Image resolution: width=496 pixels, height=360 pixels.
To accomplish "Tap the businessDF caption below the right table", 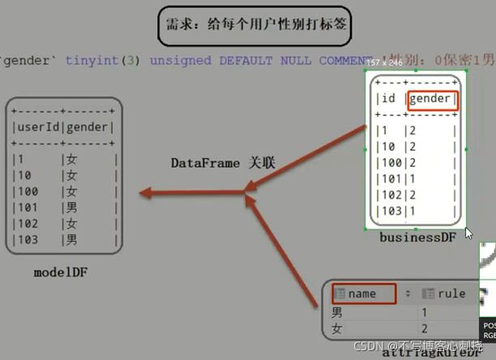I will click(417, 237).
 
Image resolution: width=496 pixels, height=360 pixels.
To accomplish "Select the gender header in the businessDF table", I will click(432, 100).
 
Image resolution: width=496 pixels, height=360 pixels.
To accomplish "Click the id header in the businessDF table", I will click(387, 100).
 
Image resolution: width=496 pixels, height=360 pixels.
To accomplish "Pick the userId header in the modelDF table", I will click(36, 127).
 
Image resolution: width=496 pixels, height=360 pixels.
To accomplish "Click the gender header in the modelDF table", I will click(88, 127).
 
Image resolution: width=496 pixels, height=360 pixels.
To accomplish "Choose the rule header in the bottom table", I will click(451, 294).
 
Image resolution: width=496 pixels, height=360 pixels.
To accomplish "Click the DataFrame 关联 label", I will click(223, 163).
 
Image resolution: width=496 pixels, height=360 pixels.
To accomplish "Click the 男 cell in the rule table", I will click(338, 311).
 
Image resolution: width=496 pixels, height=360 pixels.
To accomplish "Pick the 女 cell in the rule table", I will click(338, 329).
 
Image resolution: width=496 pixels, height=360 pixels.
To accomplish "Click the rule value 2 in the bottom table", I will click(423, 329).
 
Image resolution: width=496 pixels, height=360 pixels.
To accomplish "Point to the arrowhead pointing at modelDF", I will click(145, 193).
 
